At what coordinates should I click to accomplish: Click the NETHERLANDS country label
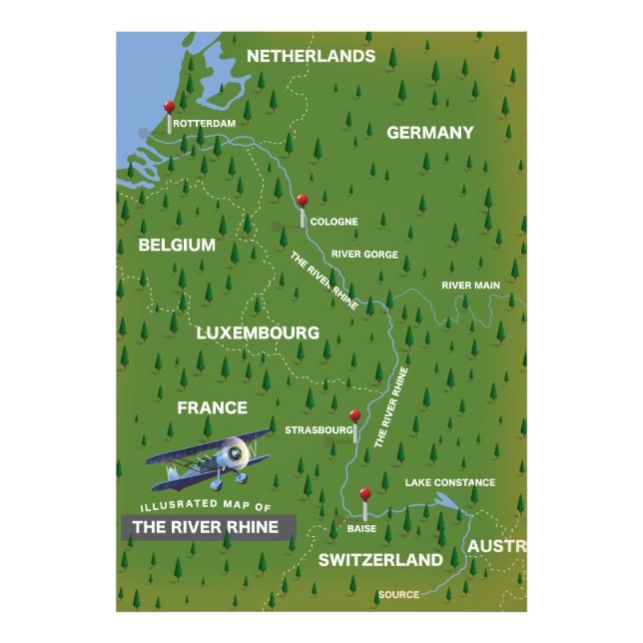click(311, 56)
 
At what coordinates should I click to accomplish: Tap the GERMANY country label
click(429, 133)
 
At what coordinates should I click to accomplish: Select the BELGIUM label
click(177, 245)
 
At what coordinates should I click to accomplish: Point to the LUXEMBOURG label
click(258, 332)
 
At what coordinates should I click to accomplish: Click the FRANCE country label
click(212, 407)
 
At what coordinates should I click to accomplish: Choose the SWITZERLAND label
click(380, 559)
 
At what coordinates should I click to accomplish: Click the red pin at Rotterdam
click(170, 106)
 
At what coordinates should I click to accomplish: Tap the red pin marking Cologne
click(303, 201)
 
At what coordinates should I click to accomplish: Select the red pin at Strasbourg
click(354, 416)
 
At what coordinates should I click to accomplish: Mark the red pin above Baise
click(364, 493)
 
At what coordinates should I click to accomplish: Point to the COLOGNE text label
click(333, 222)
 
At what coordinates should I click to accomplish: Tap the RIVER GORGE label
click(364, 255)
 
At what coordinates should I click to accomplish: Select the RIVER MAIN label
click(470, 286)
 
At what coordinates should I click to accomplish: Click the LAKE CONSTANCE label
click(449, 482)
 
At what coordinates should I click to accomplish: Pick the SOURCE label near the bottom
click(398, 595)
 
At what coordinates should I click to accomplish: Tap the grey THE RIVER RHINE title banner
click(208, 527)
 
